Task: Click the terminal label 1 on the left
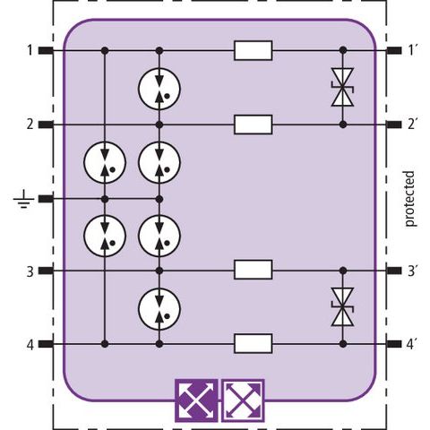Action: [30, 50]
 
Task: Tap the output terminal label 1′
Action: [412, 50]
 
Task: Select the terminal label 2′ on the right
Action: [412, 124]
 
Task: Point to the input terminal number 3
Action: [30, 271]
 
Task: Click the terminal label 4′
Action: [412, 344]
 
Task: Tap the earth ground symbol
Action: [23, 200]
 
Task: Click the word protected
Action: [409, 199]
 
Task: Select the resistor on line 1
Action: [253, 51]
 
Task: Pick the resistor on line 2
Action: [253, 125]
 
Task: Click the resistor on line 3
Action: [253, 270]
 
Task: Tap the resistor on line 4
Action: [253, 343]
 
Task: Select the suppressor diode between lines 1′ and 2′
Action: [343, 87]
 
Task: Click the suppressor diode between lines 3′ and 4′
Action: [343, 307]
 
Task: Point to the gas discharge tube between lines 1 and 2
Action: [159, 89]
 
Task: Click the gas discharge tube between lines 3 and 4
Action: [159, 309]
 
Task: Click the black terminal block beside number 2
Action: [46, 125]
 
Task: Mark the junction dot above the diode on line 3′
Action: [343, 271]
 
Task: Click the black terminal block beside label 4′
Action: [394, 344]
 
